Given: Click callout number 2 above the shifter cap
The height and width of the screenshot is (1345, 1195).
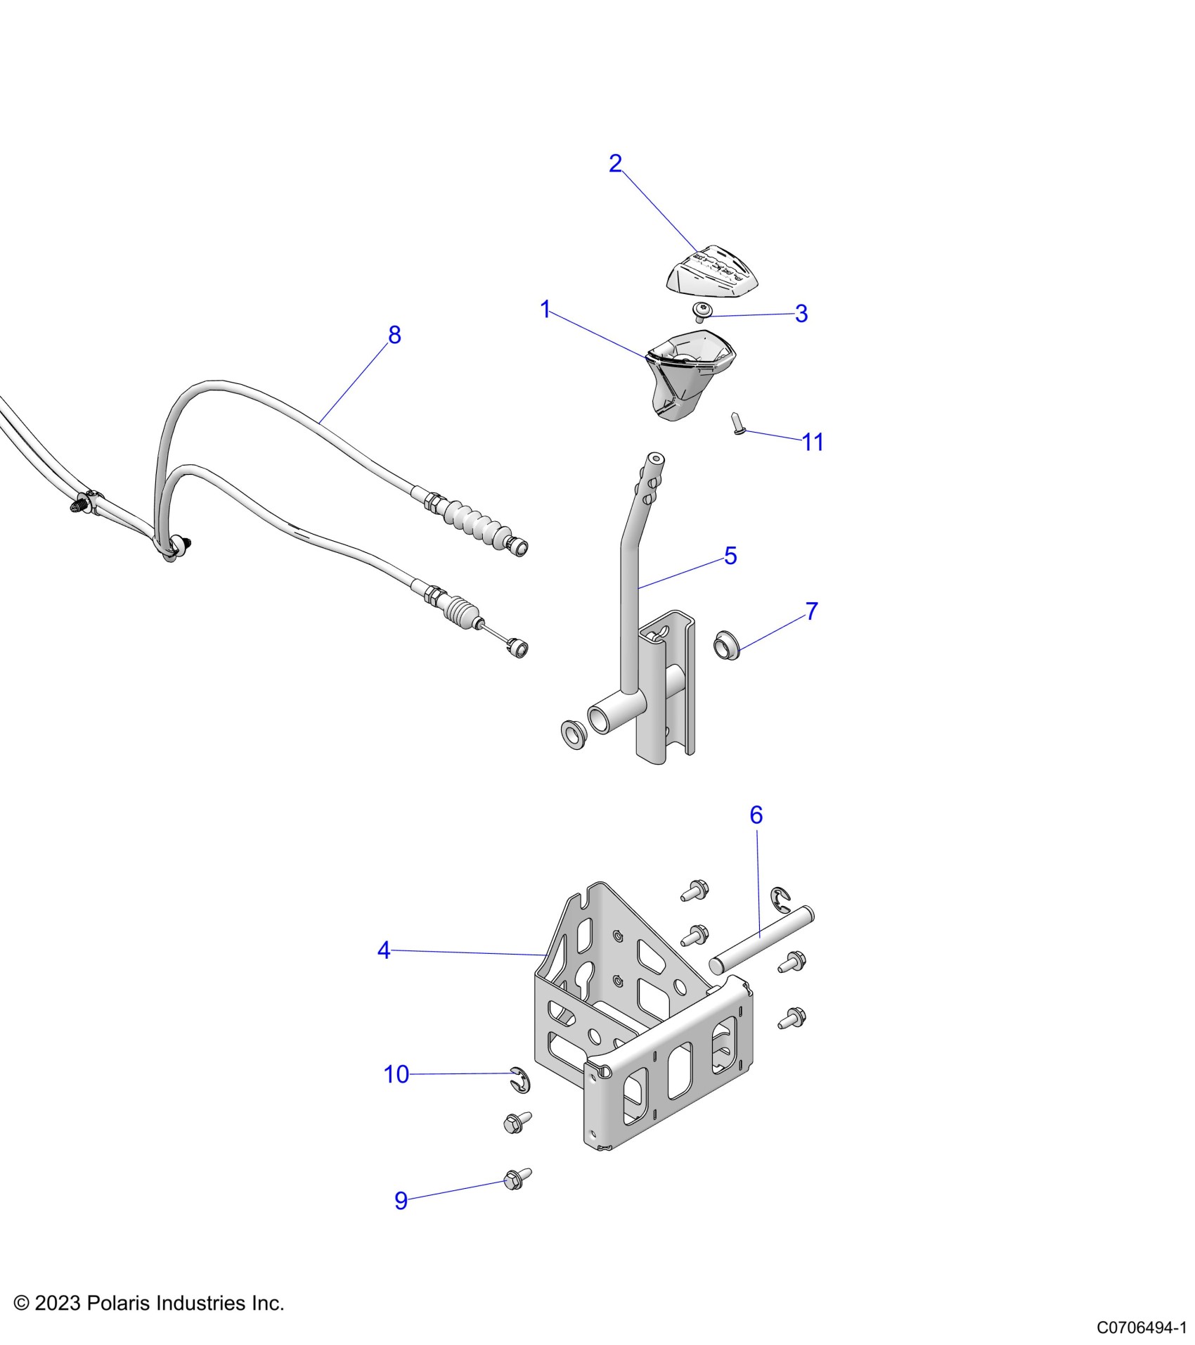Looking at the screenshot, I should coord(615,164).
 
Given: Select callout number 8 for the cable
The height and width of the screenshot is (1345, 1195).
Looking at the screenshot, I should coord(394,335).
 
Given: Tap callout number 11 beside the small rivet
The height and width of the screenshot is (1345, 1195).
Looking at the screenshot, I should coord(813,442).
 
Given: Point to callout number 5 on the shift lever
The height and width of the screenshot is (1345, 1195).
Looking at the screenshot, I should coord(730,556).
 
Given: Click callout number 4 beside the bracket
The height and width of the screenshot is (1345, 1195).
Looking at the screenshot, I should coord(384,950).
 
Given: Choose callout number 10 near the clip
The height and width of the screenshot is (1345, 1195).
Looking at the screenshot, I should coord(396,1074).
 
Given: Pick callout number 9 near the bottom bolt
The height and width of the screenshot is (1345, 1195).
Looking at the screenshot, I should coord(401,1200).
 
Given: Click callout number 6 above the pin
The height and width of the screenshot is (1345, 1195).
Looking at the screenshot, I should coord(756,815).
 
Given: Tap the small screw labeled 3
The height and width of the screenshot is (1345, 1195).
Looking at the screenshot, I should coord(701,311).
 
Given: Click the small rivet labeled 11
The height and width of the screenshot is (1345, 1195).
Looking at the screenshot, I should coord(738,423).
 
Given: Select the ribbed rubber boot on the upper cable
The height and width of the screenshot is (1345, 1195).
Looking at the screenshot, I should coord(474,521).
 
